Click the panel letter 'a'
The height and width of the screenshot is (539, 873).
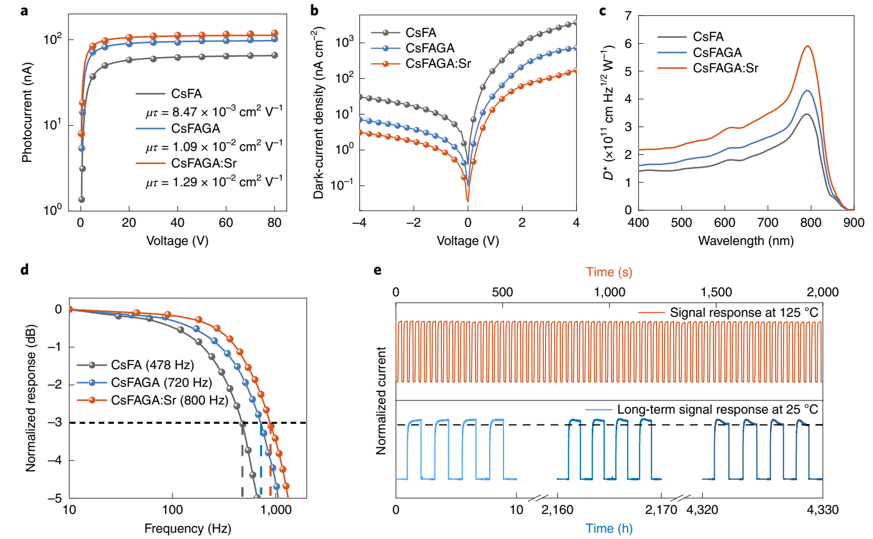24,10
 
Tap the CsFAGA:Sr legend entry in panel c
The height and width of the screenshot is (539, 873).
725,68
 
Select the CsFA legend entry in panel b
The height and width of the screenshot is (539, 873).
421,33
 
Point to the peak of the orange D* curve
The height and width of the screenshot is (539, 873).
807,47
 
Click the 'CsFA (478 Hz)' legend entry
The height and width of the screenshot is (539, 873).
152,365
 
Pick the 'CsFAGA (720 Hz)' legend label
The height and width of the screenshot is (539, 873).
161,382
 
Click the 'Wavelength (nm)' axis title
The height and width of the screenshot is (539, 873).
745,240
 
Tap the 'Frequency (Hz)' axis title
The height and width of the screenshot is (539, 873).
187,528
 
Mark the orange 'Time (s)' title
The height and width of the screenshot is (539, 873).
609,272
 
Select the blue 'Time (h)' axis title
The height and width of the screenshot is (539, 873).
609,528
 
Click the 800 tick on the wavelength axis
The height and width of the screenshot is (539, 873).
810,223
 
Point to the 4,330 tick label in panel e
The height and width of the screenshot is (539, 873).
822,509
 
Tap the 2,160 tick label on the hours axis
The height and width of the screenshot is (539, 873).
557,509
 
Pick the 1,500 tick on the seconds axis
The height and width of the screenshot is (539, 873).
716,292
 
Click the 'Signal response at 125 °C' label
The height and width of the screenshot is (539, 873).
744,312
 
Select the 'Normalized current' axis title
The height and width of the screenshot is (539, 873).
381,400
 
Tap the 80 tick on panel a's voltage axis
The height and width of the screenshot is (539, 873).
274,223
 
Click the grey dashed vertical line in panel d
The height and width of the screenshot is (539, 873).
243,462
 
